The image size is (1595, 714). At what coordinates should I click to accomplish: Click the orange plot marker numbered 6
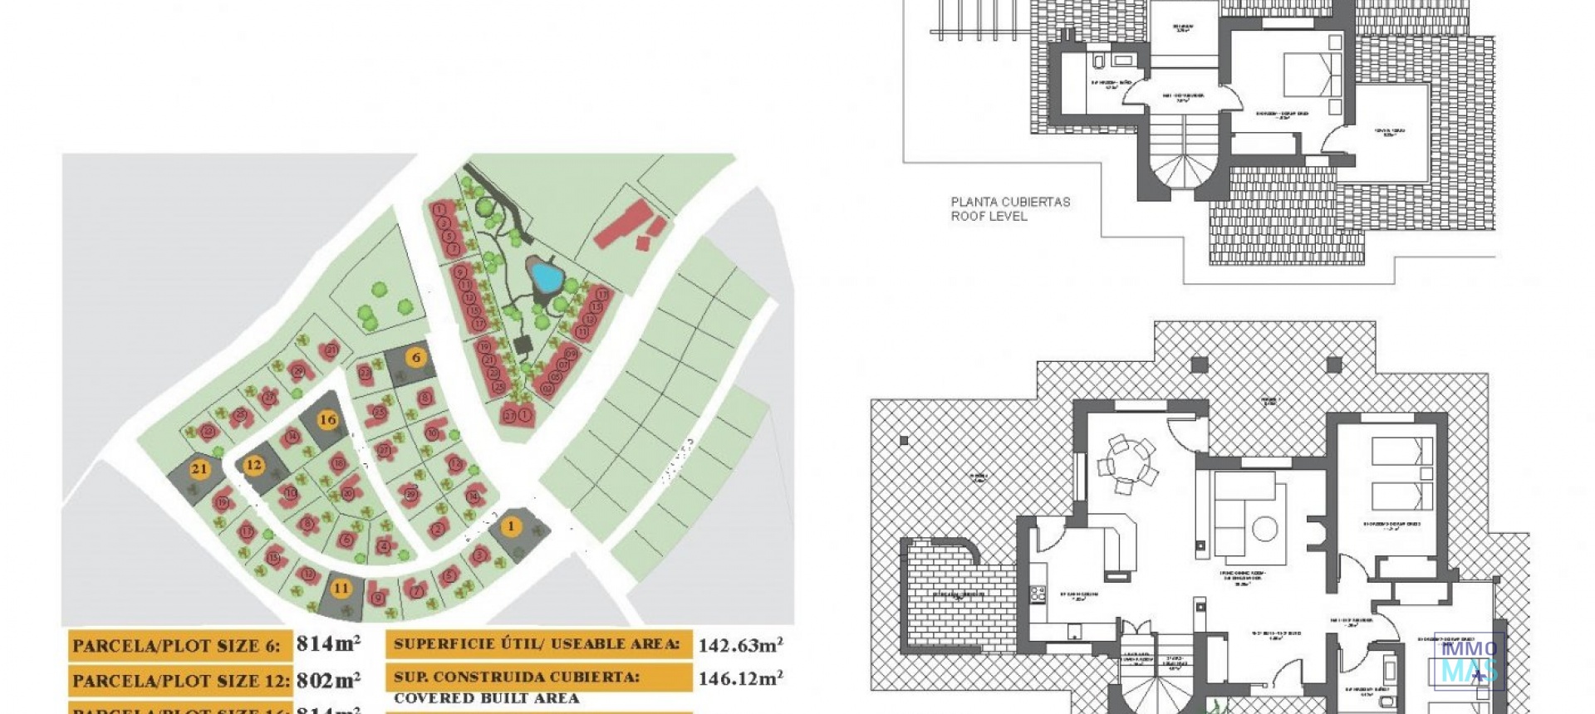point(416,358)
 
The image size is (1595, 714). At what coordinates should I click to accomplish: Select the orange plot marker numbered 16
point(328,419)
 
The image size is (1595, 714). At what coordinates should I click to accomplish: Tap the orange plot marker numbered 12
point(253,466)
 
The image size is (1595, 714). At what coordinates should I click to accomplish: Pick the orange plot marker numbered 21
point(199,469)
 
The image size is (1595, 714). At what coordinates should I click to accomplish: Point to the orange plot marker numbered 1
point(511,526)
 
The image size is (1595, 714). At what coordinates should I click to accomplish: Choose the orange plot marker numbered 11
point(341,588)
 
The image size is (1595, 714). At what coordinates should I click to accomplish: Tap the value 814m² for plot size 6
point(328,643)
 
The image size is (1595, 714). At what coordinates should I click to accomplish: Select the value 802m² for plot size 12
point(328,680)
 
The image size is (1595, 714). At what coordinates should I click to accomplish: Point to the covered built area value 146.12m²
point(740,678)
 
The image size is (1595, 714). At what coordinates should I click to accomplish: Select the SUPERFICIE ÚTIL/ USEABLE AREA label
point(537,644)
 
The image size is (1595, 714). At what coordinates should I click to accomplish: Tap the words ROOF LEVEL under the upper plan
point(989,216)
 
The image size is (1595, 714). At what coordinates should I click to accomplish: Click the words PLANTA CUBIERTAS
point(1010,202)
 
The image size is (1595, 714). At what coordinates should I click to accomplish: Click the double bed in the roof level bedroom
point(1313,75)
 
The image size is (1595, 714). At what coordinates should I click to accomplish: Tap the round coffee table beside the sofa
point(1265,529)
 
